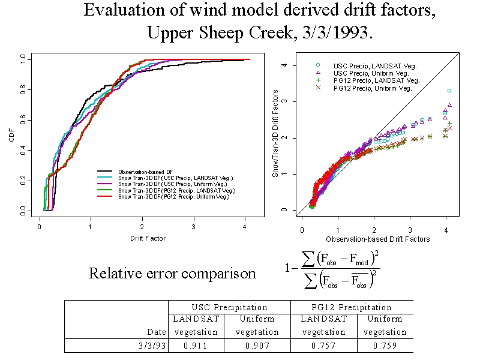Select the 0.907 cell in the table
(x=257, y=346)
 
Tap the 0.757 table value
(x=323, y=346)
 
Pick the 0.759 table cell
(x=385, y=346)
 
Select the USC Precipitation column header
(x=229, y=307)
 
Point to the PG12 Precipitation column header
(x=352, y=307)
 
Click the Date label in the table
(x=157, y=332)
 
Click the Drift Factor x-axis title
(x=148, y=238)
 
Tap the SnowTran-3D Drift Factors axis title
(x=275, y=133)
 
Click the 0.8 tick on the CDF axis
(x=22, y=91)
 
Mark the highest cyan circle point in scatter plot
(x=449, y=91)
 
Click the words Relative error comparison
(x=172, y=274)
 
